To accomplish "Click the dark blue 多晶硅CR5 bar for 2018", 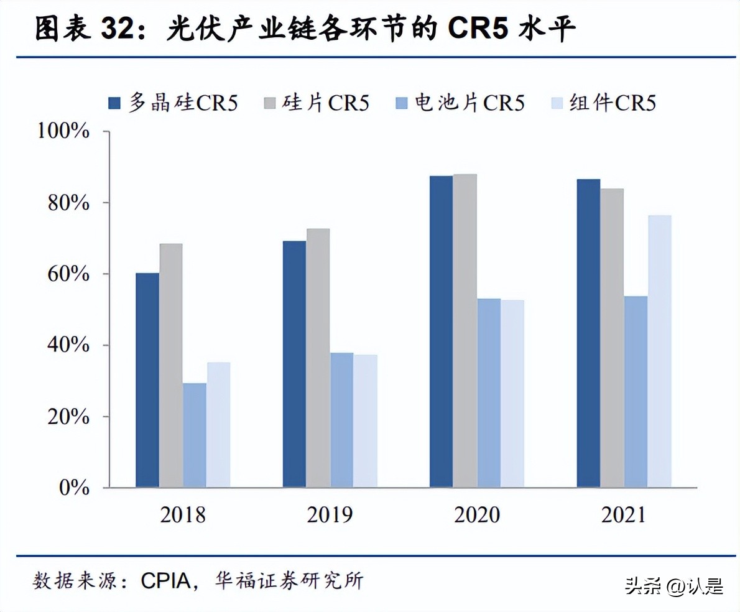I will coord(147,380).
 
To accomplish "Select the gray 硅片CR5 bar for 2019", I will coord(318,358).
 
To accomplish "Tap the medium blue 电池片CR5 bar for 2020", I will coord(488,392).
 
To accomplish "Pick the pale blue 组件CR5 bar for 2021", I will coord(659,351).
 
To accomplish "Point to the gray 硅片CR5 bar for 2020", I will coord(465,330).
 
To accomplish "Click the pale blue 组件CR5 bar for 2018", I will coord(218,425).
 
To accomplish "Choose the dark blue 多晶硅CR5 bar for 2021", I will coord(588,333).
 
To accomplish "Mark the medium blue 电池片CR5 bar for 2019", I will coord(341,420).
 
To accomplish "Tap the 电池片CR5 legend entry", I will coord(460,103).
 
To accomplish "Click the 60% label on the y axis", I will coord(70,274).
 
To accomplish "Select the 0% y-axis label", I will coord(75,488).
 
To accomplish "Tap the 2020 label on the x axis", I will coord(476,515).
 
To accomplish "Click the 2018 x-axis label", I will coord(182,515).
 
